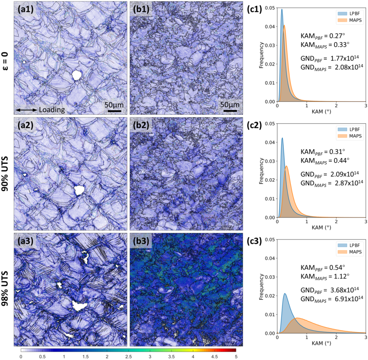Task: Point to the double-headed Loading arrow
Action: pyautogui.click(x=26, y=110)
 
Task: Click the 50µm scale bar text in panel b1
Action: pyautogui.click(x=230, y=103)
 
